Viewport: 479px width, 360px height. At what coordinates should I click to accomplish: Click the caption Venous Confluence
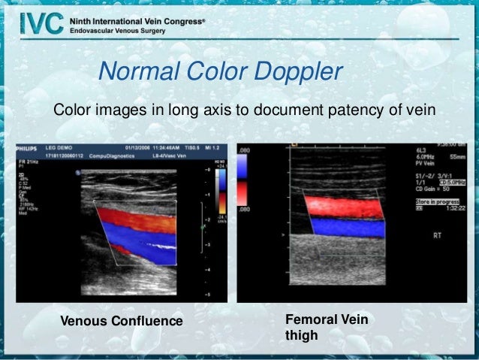tap(121, 322)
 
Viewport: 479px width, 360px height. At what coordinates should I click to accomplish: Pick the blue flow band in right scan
tap(343, 226)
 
